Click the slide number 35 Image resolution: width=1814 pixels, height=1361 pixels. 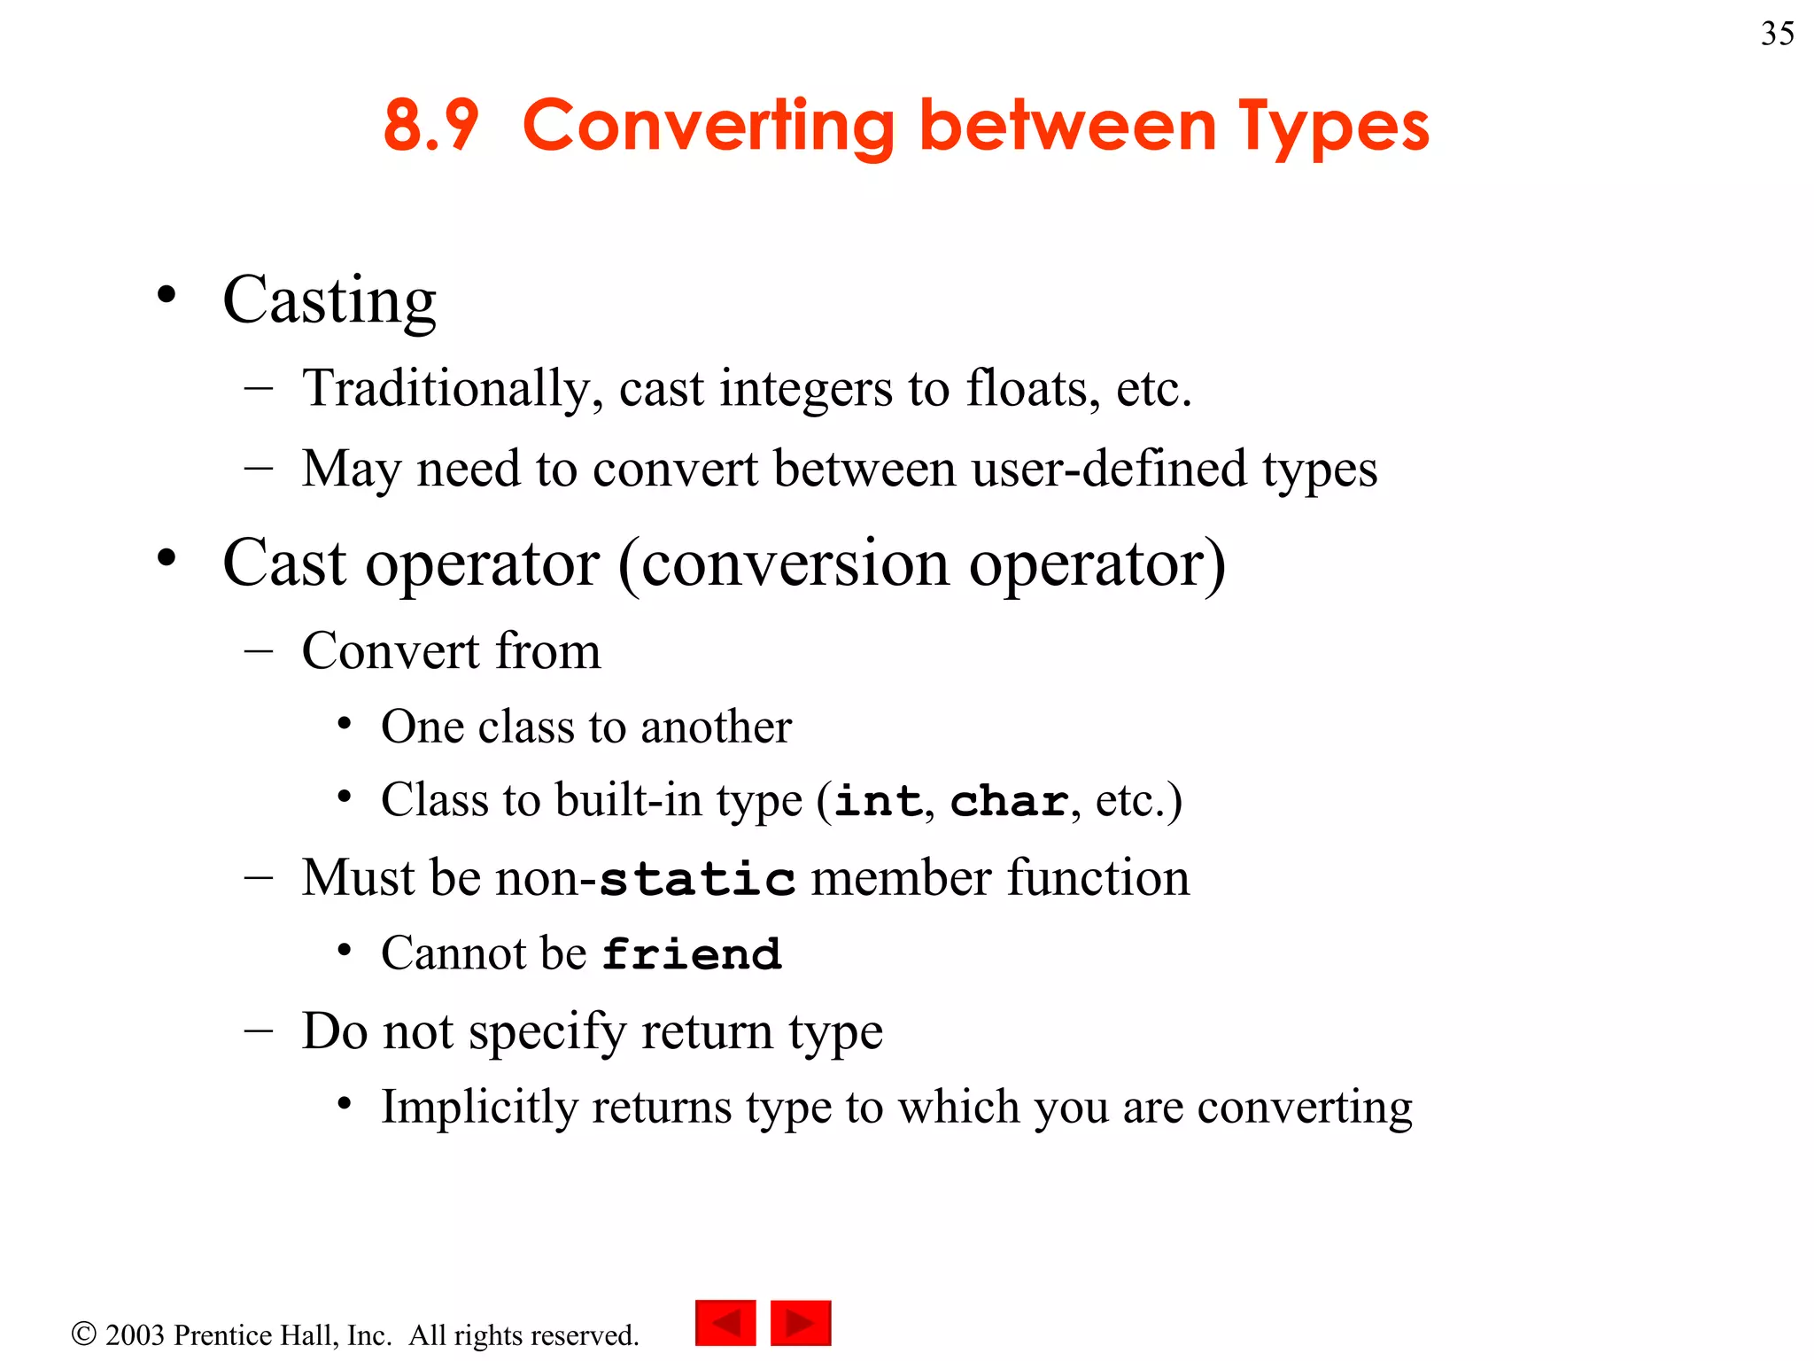tap(1777, 34)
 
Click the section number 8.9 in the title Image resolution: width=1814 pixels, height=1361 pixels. tap(430, 125)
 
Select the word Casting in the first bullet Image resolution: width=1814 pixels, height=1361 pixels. tap(329, 300)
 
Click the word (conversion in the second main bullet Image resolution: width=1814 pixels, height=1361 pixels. tap(785, 564)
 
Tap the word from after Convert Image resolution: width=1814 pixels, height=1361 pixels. tap(547, 650)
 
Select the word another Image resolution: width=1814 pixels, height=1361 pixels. tap(716, 727)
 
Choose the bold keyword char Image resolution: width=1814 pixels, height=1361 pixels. tap(1009, 801)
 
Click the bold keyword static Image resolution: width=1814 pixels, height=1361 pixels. tap(697, 879)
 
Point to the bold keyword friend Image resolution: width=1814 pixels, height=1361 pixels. tap(692, 954)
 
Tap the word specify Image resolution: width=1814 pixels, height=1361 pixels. tap(547, 1032)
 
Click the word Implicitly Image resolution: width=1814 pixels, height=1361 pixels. tap(479, 1108)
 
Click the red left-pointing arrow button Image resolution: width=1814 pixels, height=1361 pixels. tap(725, 1323)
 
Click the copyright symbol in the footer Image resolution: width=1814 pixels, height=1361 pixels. tap(83, 1334)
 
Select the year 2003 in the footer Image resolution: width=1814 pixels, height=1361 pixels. tap(135, 1334)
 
